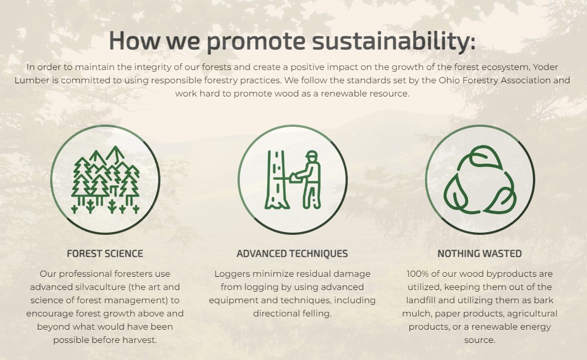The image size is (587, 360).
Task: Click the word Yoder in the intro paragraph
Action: pyautogui.click(x=546, y=67)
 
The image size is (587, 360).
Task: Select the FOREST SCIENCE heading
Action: pyautogui.click(x=105, y=254)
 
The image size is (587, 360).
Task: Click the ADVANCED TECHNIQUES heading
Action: pyautogui.click(x=292, y=254)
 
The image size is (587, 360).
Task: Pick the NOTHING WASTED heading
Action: pyautogui.click(x=480, y=254)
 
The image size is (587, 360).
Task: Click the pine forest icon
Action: pyautogui.click(x=105, y=180)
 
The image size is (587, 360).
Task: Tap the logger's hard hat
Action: pyautogui.click(x=311, y=154)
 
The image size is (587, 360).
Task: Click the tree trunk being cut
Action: pyautogui.click(x=276, y=180)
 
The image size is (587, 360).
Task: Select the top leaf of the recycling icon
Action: pyautogui.click(x=485, y=156)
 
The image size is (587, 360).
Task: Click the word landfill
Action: pyautogui.click(x=422, y=300)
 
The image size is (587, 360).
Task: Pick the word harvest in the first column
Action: pyautogui.click(x=142, y=340)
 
